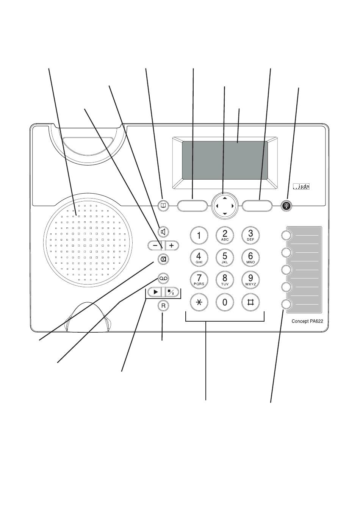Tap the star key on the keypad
tap(199, 302)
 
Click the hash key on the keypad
tap(250, 302)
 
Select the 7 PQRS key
tap(199, 280)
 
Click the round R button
tap(163, 305)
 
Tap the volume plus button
tap(172, 245)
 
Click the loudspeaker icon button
tap(163, 232)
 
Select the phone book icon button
tap(163, 206)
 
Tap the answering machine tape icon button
tap(163, 279)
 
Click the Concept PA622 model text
tap(307, 321)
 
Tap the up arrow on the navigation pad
tap(225, 198)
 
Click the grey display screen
tap(225, 160)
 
